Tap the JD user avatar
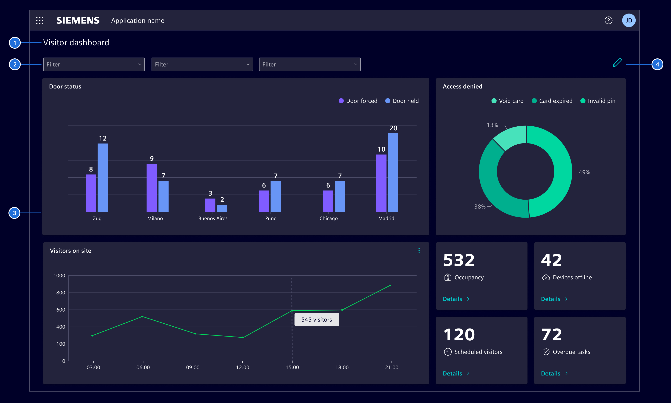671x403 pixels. [629, 20]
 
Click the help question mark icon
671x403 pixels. [608, 20]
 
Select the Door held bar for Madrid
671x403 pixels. [393, 173]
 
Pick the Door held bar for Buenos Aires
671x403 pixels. [222, 208]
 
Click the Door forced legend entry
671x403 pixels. [358, 101]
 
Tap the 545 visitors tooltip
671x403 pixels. [317, 320]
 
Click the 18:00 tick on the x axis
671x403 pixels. [342, 367]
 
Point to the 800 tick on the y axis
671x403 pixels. [61, 293]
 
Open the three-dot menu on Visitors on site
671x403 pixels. [419, 251]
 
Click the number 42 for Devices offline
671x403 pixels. [551, 260]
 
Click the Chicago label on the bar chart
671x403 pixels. [329, 218]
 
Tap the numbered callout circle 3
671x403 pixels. [14, 213]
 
